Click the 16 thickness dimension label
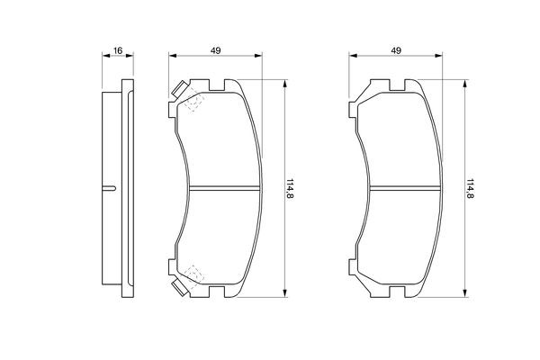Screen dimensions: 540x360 pos(118,50)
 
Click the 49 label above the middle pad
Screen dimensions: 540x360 pos(216,50)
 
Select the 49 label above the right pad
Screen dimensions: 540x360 pos(396,50)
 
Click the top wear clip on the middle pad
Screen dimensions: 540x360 pos(179,89)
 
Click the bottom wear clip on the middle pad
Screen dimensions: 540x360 pos(180,288)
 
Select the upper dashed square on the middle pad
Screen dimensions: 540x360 pos(194,102)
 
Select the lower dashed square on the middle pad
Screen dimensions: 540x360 pos(194,274)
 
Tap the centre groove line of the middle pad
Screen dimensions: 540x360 pos(224,188)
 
